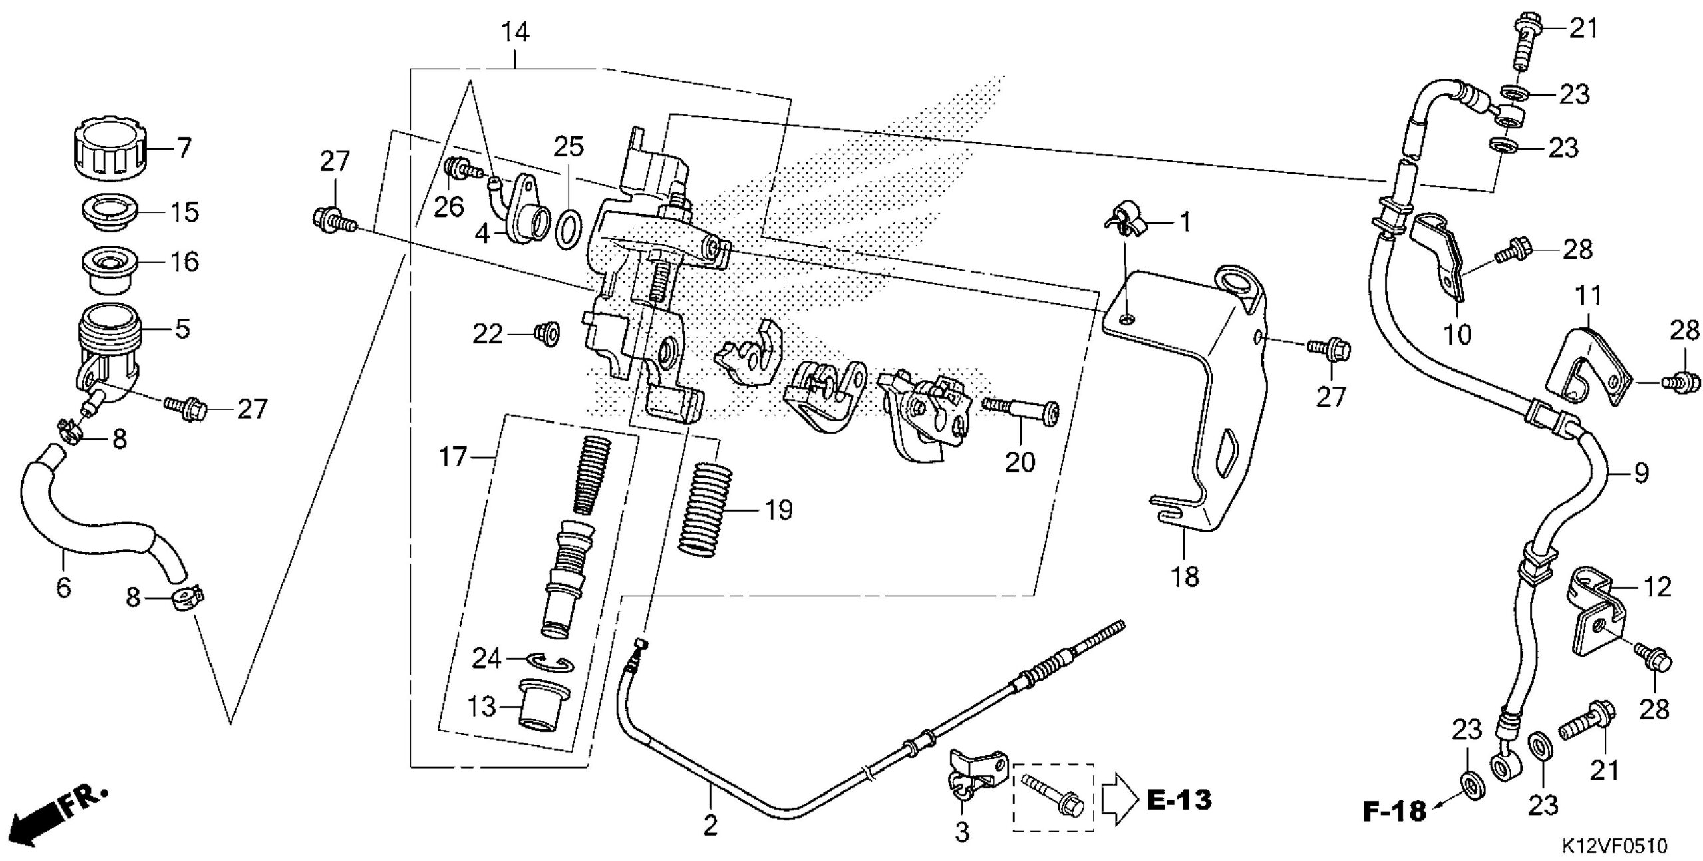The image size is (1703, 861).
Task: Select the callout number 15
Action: click(184, 212)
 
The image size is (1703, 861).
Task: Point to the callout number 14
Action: click(516, 32)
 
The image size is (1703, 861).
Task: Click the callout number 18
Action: click(1185, 576)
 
